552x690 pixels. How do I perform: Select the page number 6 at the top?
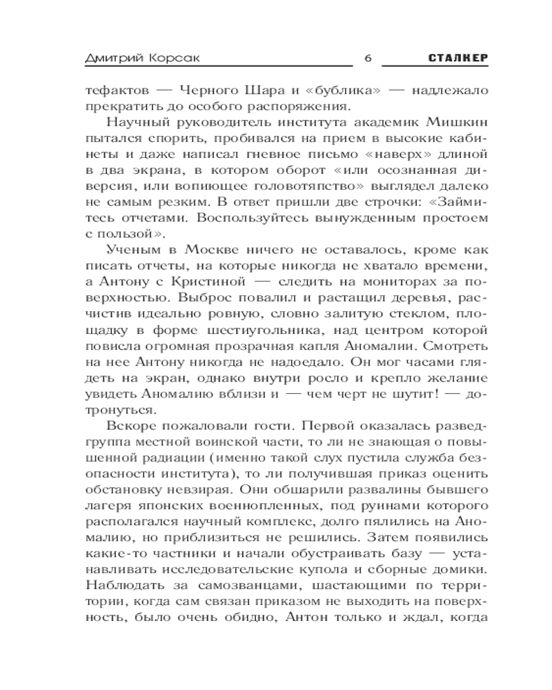(x=366, y=58)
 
